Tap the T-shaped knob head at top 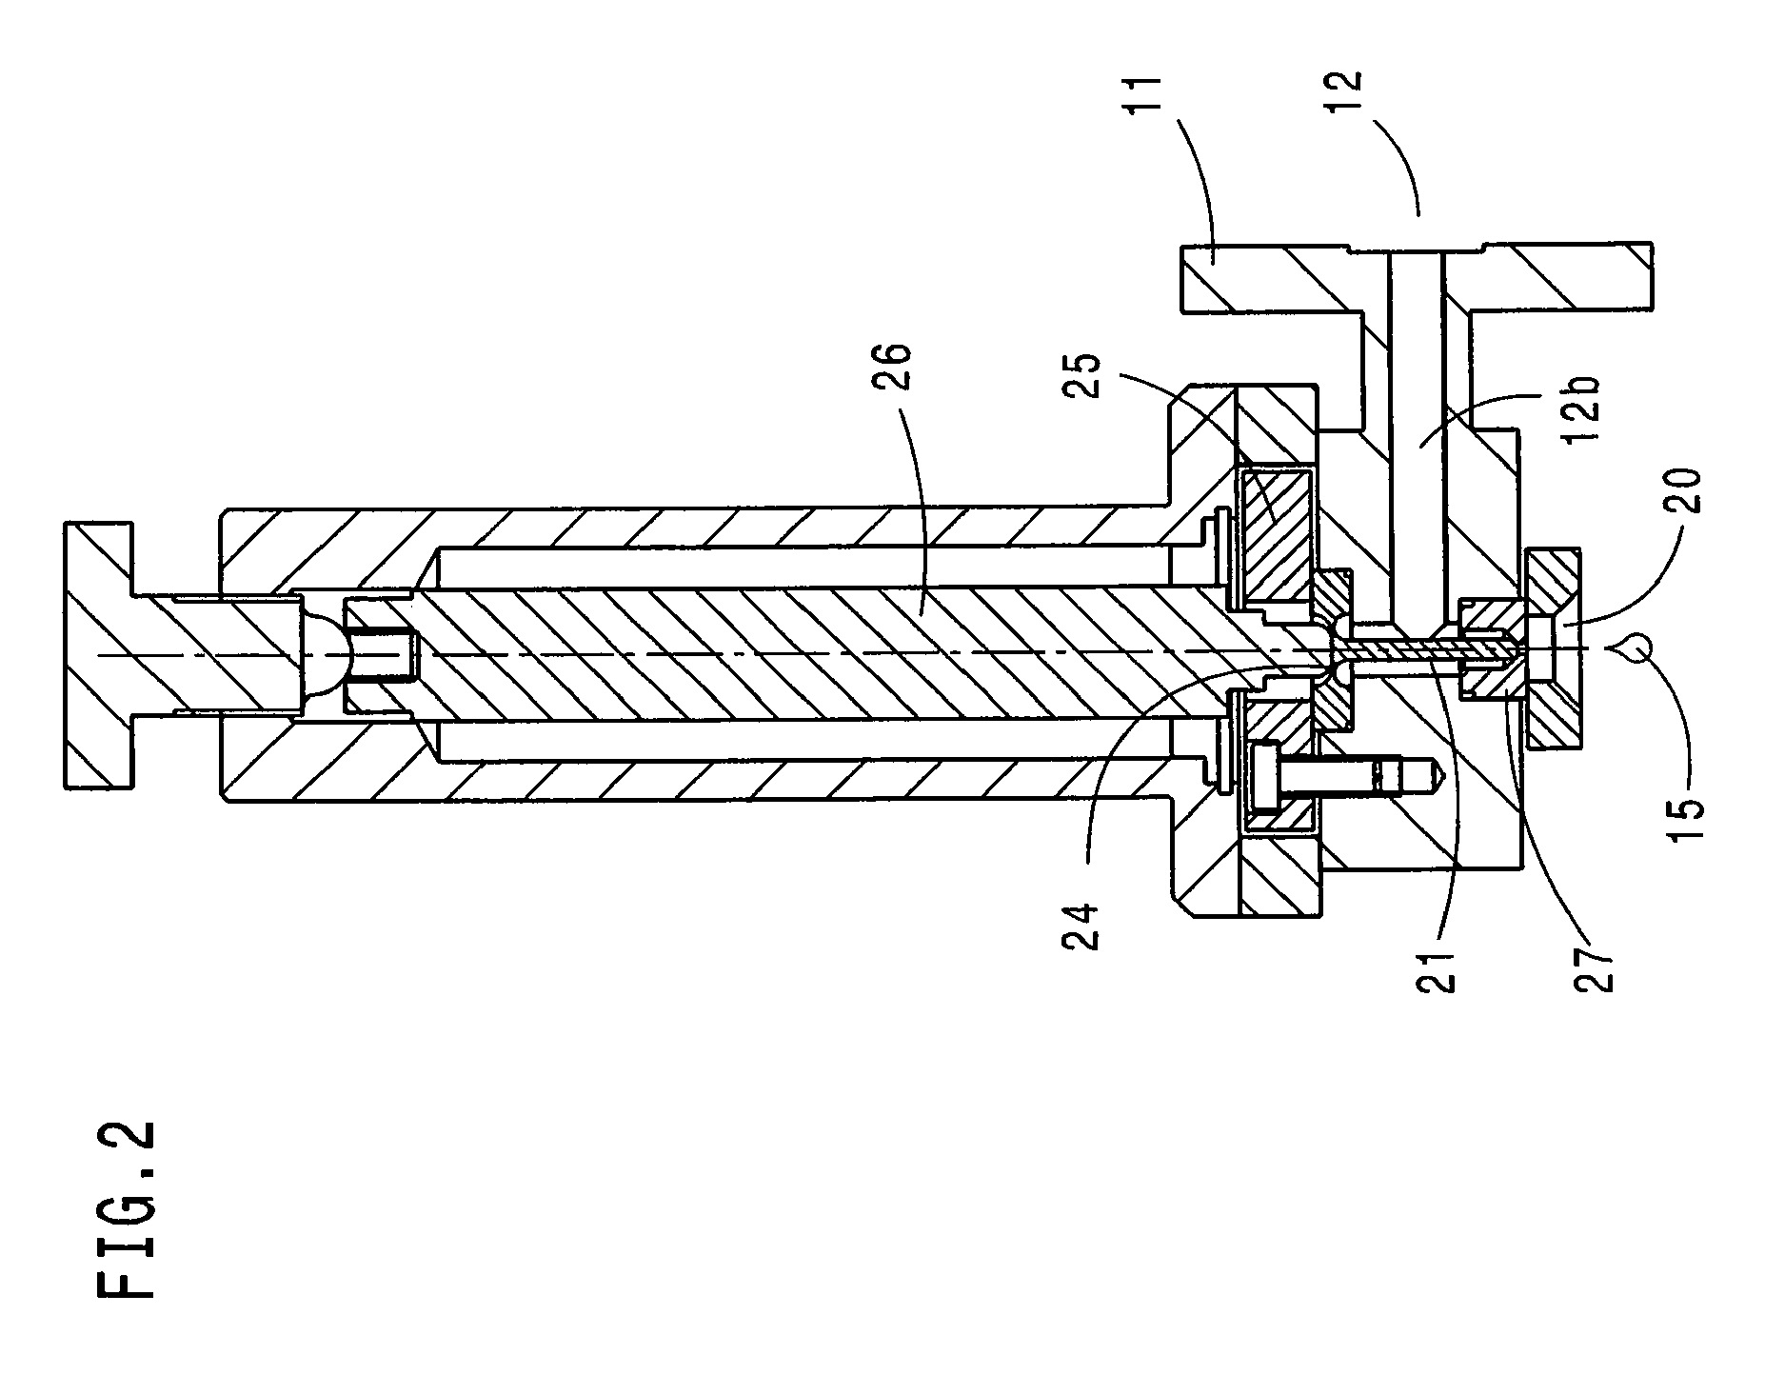click(x=102, y=653)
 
